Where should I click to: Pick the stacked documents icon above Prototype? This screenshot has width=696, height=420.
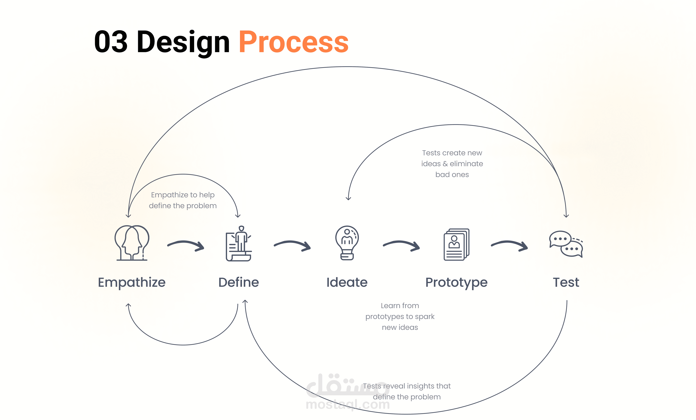456,244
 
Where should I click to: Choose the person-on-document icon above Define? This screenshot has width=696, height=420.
239,243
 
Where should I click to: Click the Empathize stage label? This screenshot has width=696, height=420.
132,283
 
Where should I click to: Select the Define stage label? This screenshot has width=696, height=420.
239,282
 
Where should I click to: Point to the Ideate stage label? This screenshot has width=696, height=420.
347,282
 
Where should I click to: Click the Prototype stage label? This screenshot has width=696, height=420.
456,283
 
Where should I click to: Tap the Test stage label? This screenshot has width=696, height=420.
566,282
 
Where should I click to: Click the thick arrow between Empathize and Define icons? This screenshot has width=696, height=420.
186,245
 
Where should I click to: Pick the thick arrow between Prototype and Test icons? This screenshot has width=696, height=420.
509,245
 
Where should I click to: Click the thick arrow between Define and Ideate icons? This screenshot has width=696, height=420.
292,245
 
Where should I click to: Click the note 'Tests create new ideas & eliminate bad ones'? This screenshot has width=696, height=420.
452,164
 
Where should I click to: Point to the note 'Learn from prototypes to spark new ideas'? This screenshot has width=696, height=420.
400,316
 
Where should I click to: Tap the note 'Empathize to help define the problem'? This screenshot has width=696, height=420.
183,200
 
